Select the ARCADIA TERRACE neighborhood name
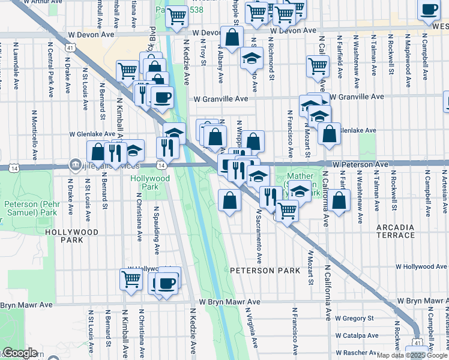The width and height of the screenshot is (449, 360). [395, 232]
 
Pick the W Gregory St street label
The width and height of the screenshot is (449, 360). [354, 318]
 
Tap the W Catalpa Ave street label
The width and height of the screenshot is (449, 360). [355, 335]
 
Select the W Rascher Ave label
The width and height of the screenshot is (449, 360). [355, 353]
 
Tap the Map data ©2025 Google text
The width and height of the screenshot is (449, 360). [412, 355]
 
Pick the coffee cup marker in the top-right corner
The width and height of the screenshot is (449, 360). [429, 10]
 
